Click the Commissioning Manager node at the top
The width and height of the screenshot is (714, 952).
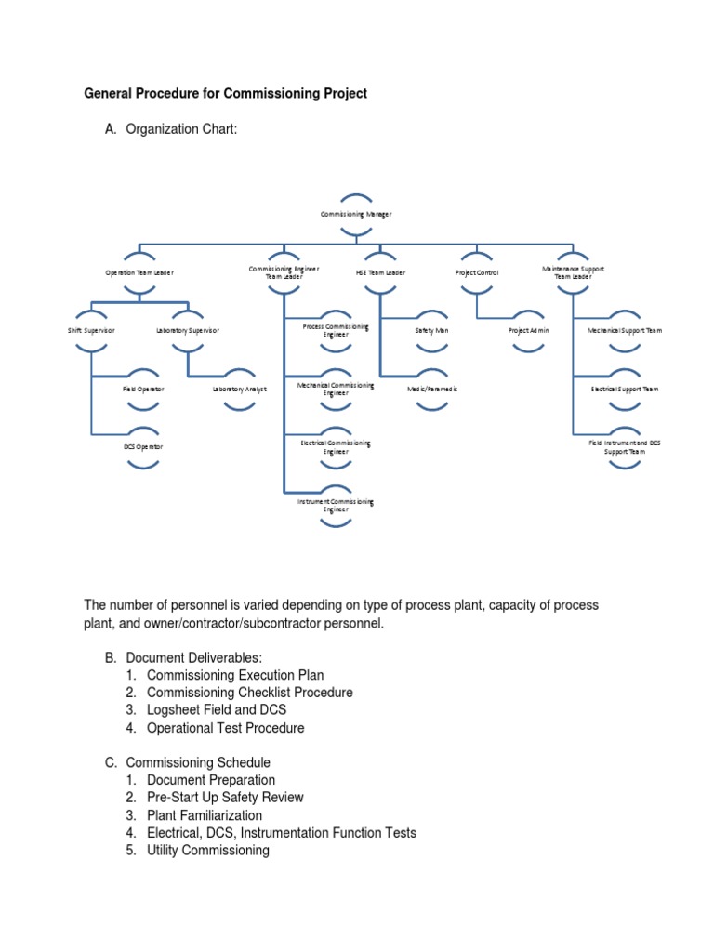tap(356, 214)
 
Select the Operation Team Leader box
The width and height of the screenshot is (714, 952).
tap(139, 272)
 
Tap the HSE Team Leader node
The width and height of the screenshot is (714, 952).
tap(380, 272)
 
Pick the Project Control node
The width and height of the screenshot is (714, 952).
tap(477, 272)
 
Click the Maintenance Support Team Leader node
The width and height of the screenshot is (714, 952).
tap(574, 271)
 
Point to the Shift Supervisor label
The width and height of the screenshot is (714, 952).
tap(91, 330)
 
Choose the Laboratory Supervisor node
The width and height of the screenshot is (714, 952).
tap(188, 330)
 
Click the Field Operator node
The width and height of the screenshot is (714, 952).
tap(143, 389)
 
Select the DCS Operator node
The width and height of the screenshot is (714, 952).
tap(143, 446)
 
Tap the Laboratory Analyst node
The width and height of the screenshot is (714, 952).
tap(239, 389)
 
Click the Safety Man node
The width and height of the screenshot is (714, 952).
tap(431, 330)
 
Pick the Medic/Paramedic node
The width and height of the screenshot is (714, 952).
tap(431, 389)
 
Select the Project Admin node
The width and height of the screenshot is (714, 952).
tap(528, 330)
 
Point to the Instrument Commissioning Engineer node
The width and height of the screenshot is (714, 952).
tap(336, 505)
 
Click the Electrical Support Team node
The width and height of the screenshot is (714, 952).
tap(625, 389)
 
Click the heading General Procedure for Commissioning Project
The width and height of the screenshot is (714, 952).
tap(226, 93)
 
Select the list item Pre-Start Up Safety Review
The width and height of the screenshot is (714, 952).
tap(225, 798)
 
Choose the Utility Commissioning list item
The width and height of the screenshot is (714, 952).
tap(208, 851)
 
